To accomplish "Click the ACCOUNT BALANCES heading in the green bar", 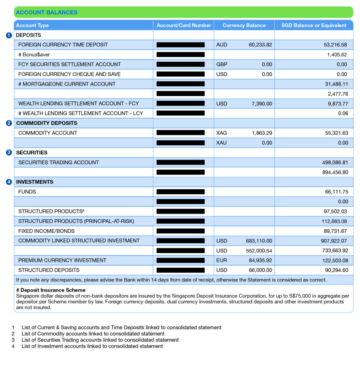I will click(46, 12).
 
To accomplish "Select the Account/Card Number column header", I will click(184, 25).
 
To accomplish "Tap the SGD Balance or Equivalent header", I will click(314, 25).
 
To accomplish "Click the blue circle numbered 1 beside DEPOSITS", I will click(9, 36).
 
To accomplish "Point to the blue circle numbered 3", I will click(9, 153).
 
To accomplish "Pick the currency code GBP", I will click(222, 64).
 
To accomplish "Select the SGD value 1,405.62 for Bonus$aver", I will click(337, 55).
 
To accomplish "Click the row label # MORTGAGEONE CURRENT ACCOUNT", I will click(67, 84).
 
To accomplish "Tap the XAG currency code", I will click(222, 133).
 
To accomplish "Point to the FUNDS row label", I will click(27, 192).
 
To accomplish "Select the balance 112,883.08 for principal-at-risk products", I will click(334, 221).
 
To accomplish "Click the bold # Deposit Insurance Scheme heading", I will click(51, 290).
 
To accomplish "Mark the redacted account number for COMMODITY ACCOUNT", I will click(181, 133).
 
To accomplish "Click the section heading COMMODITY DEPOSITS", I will click(46, 123).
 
